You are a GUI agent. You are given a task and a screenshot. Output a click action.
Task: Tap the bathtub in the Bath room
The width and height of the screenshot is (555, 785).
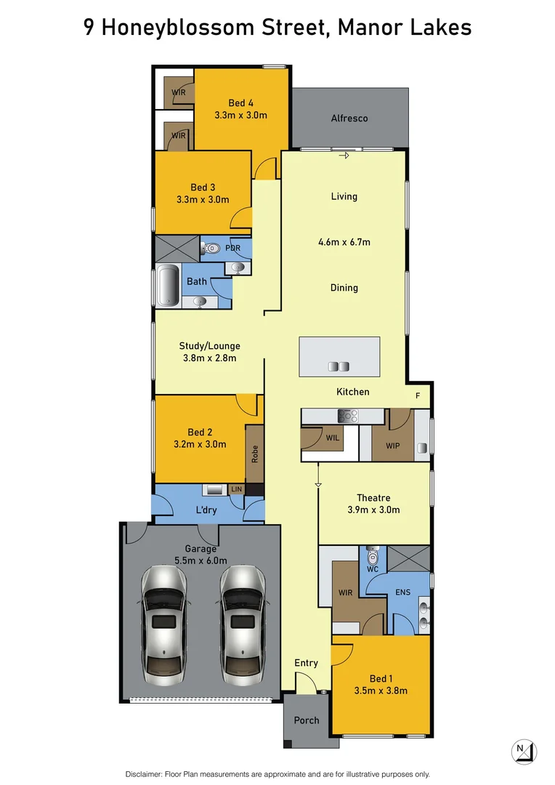(x=168, y=287)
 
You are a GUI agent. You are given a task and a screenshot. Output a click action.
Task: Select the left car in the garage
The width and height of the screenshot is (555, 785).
(x=163, y=625)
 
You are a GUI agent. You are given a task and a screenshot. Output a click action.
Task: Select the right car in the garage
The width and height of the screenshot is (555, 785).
(x=243, y=625)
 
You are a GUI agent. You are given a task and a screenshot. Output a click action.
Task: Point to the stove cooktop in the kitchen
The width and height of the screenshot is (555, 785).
(x=348, y=416)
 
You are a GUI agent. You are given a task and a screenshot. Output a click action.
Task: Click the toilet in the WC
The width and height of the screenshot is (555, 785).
(x=373, y=557)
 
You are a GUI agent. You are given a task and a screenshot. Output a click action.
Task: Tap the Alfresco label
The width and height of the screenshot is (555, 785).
(x=349, y=118)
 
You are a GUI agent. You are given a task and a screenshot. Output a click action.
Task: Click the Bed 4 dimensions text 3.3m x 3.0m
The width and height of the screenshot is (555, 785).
(x=240, y=115)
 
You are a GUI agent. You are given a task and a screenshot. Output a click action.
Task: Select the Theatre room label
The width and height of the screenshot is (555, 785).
(x=373, y=498)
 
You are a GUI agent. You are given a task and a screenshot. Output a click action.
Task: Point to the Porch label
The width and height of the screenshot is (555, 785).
(x=307, y=720)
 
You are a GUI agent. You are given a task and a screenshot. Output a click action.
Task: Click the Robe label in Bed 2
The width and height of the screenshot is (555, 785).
(x=254, y=454)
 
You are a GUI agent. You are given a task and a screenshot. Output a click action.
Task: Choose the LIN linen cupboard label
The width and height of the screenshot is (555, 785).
(x=236, y=490)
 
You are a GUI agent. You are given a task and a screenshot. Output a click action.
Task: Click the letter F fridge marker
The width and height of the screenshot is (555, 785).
(x=418, y=396)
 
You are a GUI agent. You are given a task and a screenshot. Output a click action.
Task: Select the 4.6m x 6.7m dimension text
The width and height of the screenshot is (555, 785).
(x=344, y=242)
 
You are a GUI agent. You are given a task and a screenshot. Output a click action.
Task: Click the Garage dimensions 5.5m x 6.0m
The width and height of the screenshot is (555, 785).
(x=200, y=560)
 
